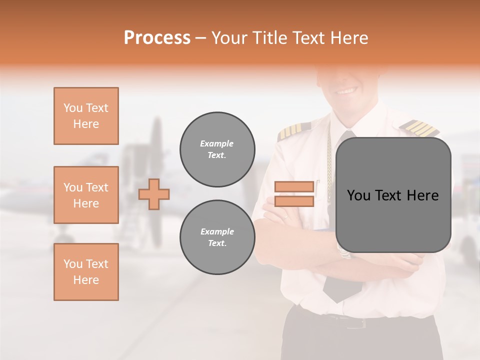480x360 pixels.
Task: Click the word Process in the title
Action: point(157,38)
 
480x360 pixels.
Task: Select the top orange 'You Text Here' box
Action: point(86,116)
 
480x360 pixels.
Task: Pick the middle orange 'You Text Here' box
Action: point(86,195)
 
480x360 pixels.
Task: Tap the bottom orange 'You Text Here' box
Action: point(86,272)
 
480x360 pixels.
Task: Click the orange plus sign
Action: point(154,194)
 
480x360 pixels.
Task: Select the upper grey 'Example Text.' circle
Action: point(217,149)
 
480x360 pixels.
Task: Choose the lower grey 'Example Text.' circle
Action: point(217,237)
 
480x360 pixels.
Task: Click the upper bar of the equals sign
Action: point(294,187)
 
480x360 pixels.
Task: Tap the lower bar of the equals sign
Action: point(294,201)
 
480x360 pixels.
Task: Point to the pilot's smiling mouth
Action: point(346,91)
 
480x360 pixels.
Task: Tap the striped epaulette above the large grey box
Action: point(420,127)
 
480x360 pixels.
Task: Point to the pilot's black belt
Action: point(350,320)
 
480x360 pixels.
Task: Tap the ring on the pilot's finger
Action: point(285,217)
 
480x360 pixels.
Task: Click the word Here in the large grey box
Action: point(422,195)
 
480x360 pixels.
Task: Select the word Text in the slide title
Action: point(307,38)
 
